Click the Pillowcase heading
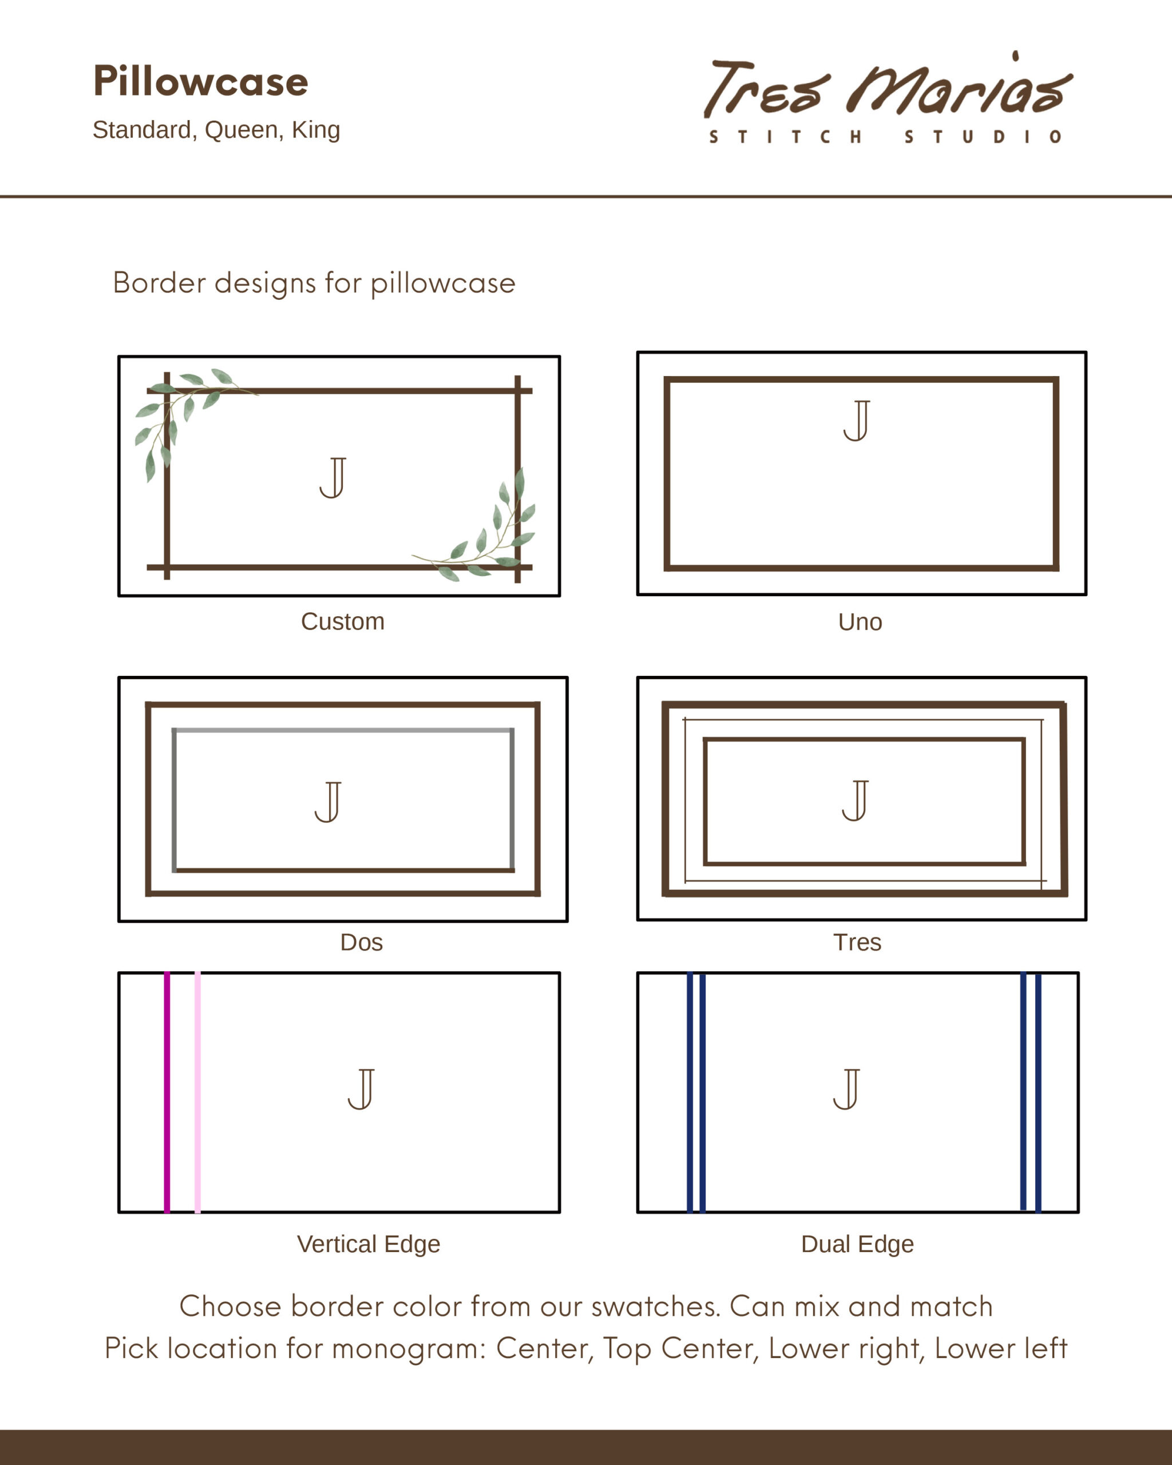pyautogui.click(x=200, y=82)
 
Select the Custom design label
pyautogui.click(x=342, y=621)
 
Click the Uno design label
pyautogui.click(x=860, y=621)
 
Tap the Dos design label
pyautogui.click(x=362, y=943)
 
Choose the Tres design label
pyautogui.click(x=857, y=943)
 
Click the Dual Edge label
pyautogui.click(x=857, y=1244)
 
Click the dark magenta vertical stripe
pyautogui.click(x=167, y=1092)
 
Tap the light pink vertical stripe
pyautogui.click(x=197, y=1092)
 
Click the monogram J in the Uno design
pyautogui.click(x=857, y=421)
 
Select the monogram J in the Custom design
pyautogui.click(x=333, y=478)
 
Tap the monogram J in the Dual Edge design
pyautogui.click(x=846, y=1089)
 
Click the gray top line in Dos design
pyautogui.click(x=343, y=730)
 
